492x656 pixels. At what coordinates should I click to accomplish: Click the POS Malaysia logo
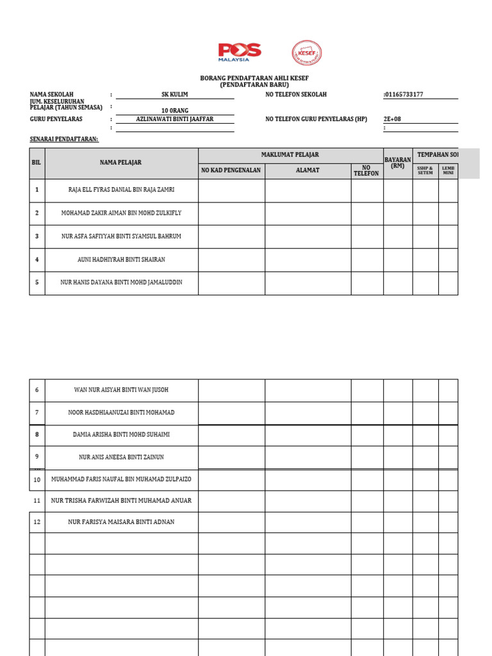point(239,52)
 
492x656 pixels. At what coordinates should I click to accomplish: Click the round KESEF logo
point(307,54)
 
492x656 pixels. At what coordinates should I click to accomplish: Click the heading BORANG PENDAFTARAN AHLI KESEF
point(254,78)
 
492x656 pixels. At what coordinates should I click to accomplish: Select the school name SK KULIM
point(175,95)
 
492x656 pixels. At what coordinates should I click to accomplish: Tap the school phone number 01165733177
point(403,95)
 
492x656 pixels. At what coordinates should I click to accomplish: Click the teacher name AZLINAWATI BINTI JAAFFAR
point(175,119)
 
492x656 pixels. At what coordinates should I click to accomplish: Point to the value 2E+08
point(391,119)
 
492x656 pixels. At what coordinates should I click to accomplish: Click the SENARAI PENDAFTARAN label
point(64,138)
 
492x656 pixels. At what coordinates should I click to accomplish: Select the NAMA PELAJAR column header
point(120,163)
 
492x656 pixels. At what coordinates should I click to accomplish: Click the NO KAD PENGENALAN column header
point(231,171)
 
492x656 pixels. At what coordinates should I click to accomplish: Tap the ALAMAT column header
point(307,171)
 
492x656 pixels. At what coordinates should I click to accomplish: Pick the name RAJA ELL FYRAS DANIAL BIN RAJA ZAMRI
point(121,190)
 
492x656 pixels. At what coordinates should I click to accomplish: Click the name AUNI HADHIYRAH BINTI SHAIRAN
point(121,259)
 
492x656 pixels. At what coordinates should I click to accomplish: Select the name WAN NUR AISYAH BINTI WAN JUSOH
point(121,390)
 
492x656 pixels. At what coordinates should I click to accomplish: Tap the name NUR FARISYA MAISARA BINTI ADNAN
point(121,522)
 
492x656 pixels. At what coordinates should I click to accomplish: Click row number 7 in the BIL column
point(37,413)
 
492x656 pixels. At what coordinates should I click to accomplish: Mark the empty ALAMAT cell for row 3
point(307,236)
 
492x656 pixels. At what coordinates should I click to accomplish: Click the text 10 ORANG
point(175,110)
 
